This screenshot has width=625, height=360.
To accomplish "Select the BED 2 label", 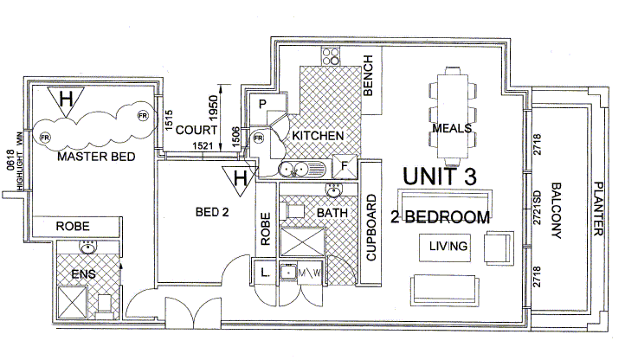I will click(212, 210).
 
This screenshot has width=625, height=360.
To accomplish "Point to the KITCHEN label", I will click(318, 137).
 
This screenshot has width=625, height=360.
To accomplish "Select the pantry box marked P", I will click(261, 105).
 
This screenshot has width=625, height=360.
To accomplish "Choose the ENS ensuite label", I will click(82, 274).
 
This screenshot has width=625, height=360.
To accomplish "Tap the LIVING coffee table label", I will click(448, 247).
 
